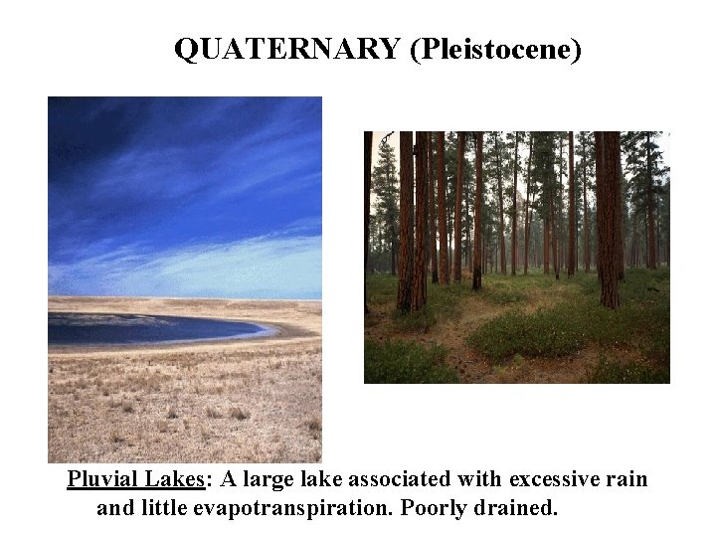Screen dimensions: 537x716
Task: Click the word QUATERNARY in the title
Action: coord(286,49)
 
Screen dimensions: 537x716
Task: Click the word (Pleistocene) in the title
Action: coord(493,49)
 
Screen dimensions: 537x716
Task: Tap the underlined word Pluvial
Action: coord(101,480)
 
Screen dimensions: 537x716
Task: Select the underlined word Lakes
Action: coord(172,480)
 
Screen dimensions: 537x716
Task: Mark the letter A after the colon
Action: coord(227,480)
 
